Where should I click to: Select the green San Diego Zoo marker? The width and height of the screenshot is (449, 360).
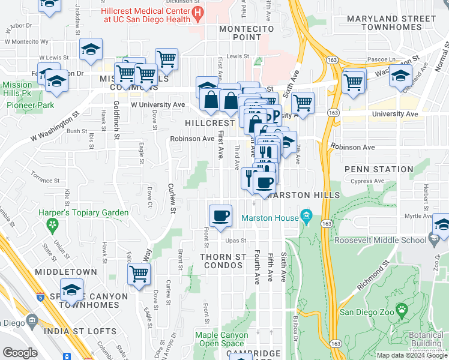coord(402,310)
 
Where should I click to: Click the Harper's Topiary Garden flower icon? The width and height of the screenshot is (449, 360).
coord(53,225)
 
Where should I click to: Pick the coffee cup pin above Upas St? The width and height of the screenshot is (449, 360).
coord(220,215)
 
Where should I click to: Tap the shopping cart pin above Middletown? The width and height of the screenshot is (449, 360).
coord(139,275)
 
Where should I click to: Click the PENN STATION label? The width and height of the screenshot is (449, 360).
coord(379,169)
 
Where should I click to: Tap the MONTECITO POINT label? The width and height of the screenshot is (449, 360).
coord(246,33)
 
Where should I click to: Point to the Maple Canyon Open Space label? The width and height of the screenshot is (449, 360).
coord(221,340)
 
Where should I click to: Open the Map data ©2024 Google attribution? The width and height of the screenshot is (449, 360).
coord(412,355)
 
